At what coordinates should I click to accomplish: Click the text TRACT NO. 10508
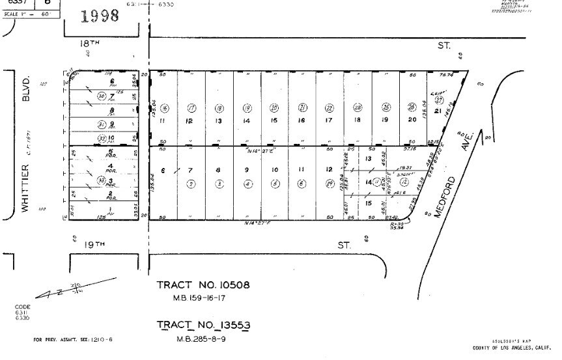[x=203, y=285]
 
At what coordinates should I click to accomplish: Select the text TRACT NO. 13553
[x=204, y=325]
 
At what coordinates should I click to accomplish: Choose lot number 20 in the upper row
[x=412, y=120]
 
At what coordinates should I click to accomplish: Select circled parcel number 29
[x=330, y=184]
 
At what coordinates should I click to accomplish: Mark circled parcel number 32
[x=102, y=139]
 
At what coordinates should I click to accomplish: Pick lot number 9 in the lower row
[x=246, y=170]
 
